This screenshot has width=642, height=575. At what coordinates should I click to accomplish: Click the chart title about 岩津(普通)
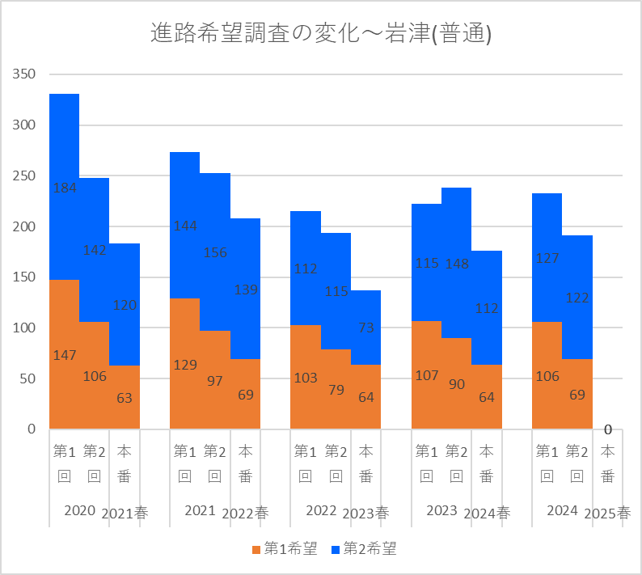click(321, 34)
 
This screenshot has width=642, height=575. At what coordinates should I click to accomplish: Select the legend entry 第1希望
click(284, 549)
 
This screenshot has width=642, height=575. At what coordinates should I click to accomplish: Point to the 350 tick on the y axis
click(25, 74)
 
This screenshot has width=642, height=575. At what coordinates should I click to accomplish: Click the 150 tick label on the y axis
click(25, 277)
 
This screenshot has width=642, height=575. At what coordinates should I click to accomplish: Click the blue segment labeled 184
click(64, 187)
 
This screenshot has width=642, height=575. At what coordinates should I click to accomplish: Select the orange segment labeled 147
click(64, 354)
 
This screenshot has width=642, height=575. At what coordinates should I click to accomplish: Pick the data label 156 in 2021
click(215, 252)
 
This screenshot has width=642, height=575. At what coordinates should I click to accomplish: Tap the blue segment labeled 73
click(366, 328)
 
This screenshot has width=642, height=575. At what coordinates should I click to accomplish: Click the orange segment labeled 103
click(306, 377)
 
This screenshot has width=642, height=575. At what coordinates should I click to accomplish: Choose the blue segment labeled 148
click(457, 263)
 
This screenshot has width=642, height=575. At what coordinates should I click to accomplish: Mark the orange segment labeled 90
click(457, 383)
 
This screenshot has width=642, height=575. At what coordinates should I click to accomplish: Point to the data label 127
click(547, 259)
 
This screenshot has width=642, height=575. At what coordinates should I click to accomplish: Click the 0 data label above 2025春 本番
click(608, 429)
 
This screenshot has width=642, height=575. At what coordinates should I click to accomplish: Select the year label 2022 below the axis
click(321, 511)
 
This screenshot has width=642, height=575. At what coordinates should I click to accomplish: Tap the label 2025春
click(607, 514)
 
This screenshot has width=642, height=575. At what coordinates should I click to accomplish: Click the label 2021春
click(125, 514)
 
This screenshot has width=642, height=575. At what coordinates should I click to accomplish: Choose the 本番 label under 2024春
click(487, 463)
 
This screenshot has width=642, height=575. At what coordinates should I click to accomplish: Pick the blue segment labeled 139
click(246, 289)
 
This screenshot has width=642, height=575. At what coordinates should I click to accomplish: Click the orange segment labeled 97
click(215, 380)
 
